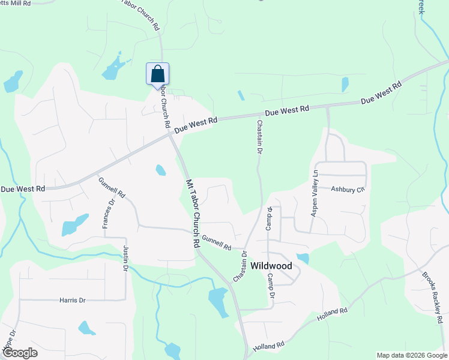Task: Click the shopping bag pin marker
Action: coord(157,74)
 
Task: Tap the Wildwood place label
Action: coord(271,266)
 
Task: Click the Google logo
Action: coord(20,353)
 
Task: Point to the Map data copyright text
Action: coord(411,355)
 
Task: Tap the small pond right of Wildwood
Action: coord(303,259)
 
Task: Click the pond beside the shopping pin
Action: coord(113,70)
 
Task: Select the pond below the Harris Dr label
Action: coord(86,328)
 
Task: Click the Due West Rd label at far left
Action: coord(23,189)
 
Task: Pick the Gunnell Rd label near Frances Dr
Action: coord(112,187)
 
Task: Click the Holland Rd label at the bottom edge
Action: coord(268,346)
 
